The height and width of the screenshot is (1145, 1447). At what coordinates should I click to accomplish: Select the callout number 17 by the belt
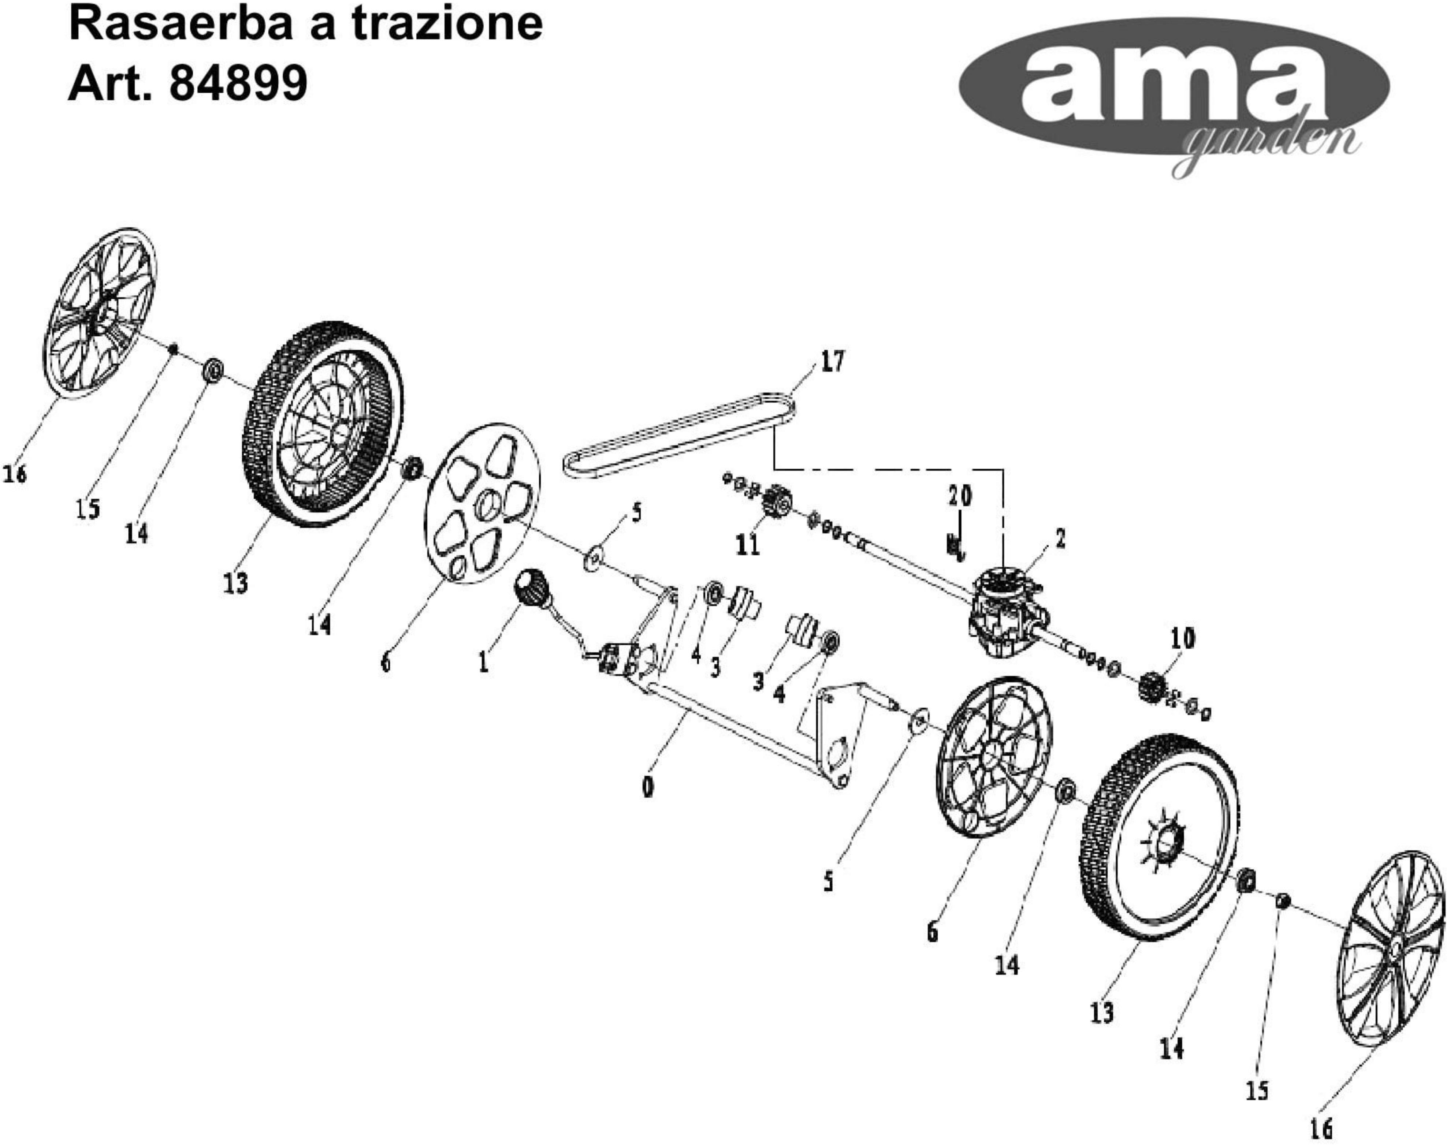click(832, 362)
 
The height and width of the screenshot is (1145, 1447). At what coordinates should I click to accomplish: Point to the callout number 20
click(959, 496)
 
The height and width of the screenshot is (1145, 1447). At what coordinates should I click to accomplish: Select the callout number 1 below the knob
click(483, 662)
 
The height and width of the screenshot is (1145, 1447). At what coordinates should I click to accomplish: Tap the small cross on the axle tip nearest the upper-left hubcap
click(173, 348)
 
